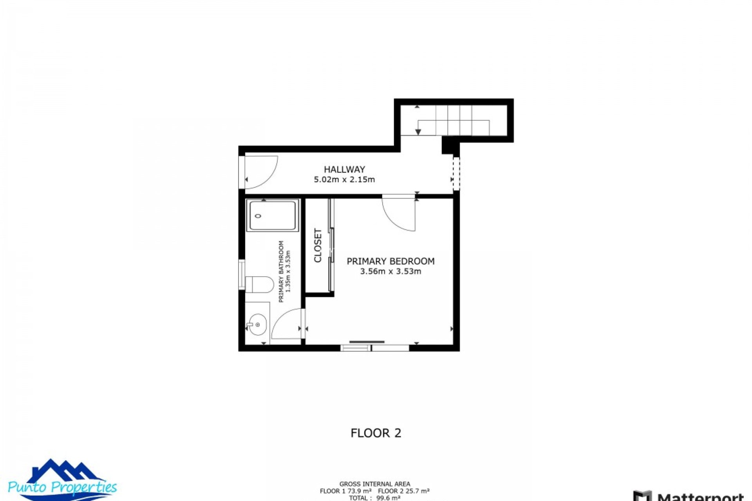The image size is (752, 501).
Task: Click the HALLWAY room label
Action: click(x=344, y=169)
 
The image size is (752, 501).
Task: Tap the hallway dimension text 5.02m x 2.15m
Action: click(x=344, y=180)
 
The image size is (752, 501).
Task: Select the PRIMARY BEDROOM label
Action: click(x=390, y=261)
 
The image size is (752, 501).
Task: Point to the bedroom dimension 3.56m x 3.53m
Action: click(x=390, y=271)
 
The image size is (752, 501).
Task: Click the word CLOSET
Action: click(x=318, y=245)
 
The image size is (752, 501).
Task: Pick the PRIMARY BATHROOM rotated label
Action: click(x=281, y=271)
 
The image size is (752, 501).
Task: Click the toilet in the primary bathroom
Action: click(x=259, y=285)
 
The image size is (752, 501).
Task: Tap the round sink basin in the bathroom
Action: click(x=257, y=325)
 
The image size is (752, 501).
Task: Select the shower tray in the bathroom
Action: click(x=273, y=215)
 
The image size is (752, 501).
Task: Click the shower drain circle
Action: click(x=258, y=216)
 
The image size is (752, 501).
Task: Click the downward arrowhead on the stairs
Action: click(x=418, y=132)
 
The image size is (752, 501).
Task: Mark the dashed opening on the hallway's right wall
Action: click(x=456, y=173)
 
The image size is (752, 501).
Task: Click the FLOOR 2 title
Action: click(x=376, y=433)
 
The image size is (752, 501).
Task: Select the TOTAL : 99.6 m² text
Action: click(x=374, y=498)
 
